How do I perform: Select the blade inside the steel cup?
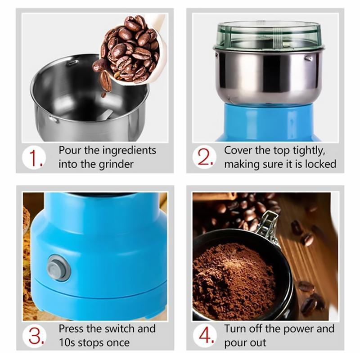106,115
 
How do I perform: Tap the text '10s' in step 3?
68,342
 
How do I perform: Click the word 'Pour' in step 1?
69,150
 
